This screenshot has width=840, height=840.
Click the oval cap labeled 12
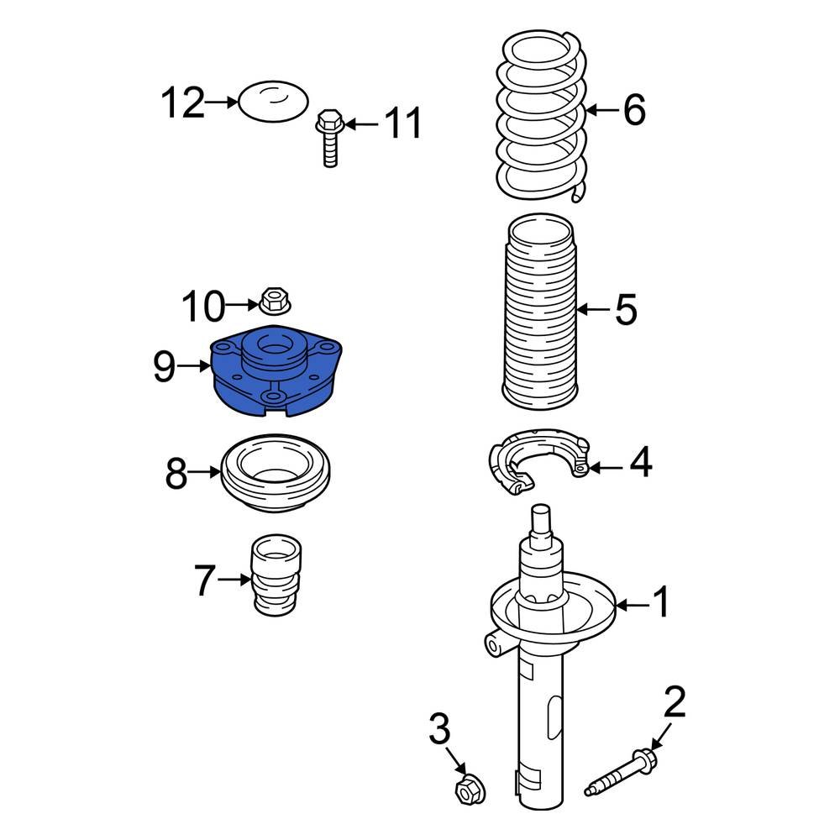coord(273,102)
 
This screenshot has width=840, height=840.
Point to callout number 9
coord(165,366)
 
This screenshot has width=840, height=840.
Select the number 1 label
coord(663,603)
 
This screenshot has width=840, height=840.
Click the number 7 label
coord(204,580)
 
